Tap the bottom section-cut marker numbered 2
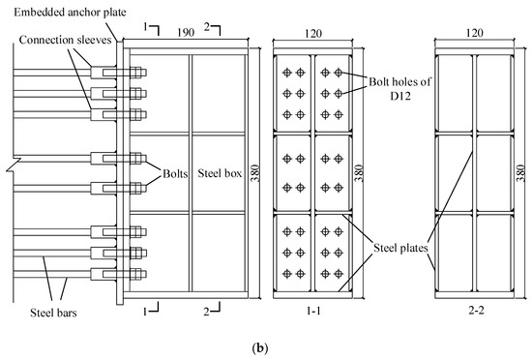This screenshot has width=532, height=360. [x=205, y=311]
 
